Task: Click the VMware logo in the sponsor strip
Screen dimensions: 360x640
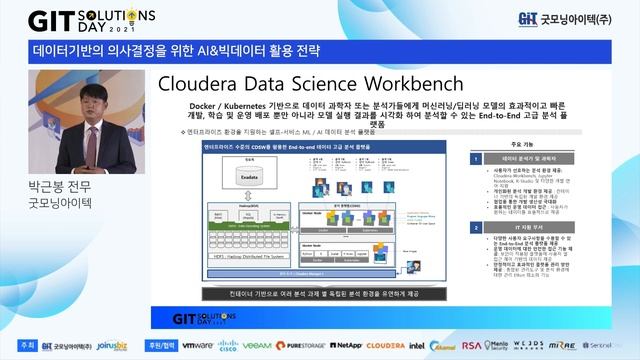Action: tap(197, 345)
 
